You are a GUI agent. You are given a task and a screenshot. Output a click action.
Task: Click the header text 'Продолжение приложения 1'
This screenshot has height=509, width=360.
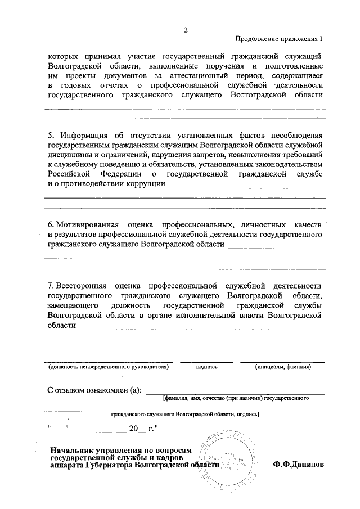coord(280,39)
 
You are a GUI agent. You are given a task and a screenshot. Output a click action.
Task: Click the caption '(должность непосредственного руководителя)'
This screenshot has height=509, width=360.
coord(108,367)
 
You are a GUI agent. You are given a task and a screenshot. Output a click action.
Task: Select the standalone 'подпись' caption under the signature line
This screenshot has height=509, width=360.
coord(206,367)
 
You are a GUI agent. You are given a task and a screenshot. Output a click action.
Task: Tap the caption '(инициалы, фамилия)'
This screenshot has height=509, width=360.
coord(282,367)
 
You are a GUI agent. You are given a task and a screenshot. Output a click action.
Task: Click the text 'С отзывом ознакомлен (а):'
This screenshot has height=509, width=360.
coord(94,390)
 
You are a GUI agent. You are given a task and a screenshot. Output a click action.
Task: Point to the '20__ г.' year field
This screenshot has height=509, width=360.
coord(141,429)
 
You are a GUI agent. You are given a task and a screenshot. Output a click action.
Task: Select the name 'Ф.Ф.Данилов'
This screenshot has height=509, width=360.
coord(299,466)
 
